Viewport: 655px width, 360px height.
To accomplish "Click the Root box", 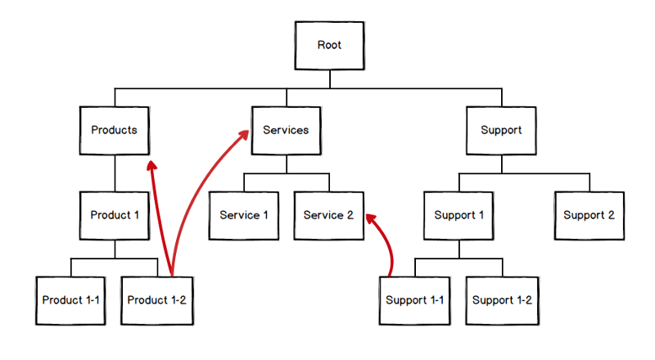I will pyautogui.click(x=329, y=45).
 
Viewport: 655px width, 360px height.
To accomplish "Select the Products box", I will pyautogui.click(x=114, y=130).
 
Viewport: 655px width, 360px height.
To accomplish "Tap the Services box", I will pyautogui.click(x=286, y=130).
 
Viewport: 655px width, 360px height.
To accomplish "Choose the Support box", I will pyautogui.click(x=501, y=130).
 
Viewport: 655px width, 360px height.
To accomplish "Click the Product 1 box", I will pyautogui.click(x=115, y=215).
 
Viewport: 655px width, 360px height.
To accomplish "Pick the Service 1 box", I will pyautogui.click(x=243, y=215).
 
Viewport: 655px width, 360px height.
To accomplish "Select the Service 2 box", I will pyautogui.click(x=328, y=215).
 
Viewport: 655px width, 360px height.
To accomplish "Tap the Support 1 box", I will pyautogui.click(x=458, y=215).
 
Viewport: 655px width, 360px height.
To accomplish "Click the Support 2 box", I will pyautogui.click(x=588, y=215).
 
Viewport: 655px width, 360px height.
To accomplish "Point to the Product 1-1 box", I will pyautogui.click(x=71, y=300).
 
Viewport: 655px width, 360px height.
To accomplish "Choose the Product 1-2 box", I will pyautogui.click(x=157, y=300).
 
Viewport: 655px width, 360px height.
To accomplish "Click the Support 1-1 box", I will pyautogui.click(x=415, y=300).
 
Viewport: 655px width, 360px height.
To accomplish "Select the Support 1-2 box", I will pyautogui.click(x=501, y=300).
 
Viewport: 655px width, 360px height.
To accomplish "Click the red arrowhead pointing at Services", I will pyautogui.click(x=244, y=136).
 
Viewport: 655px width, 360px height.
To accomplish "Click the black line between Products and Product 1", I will pyautogui.click(x=115, y=173).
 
